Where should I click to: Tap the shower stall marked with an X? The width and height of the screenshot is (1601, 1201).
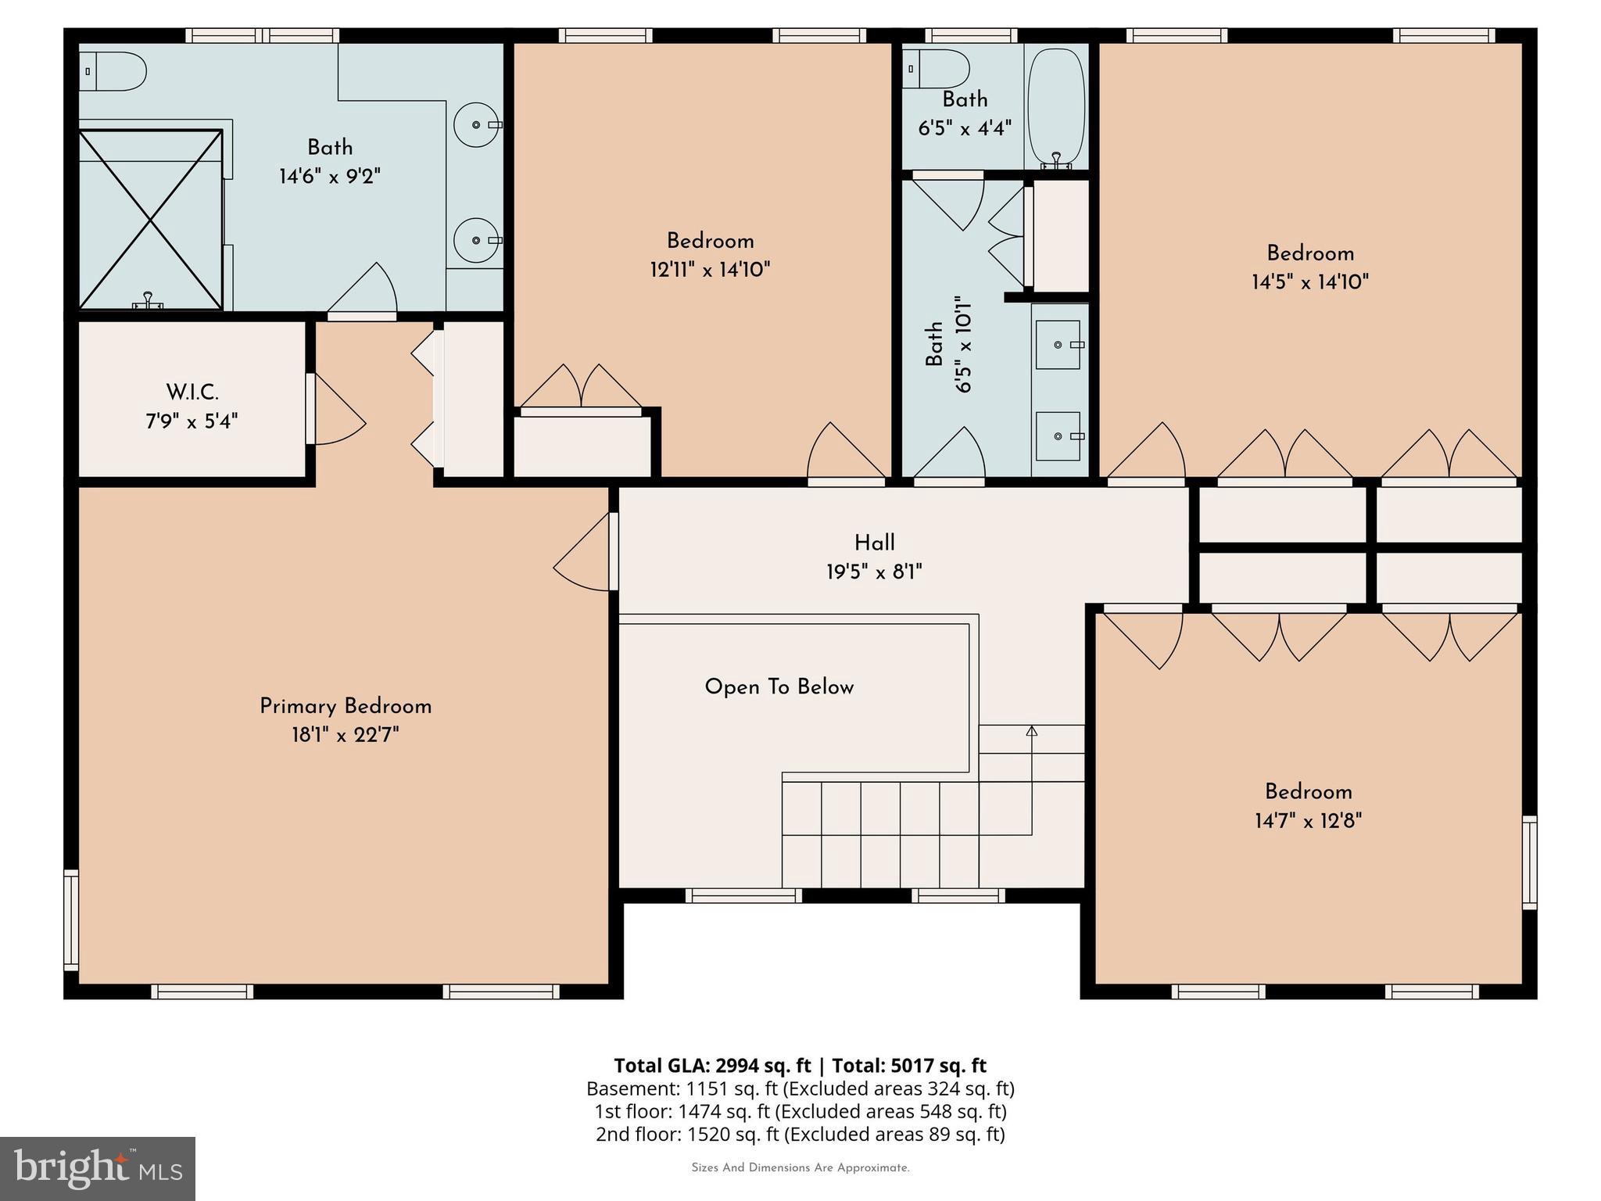click(x=150, y=220)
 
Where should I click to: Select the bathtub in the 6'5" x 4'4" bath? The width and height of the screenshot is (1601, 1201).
click(x=1055, y=107)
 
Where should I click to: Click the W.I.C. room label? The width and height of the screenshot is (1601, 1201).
click(x=192, y=392)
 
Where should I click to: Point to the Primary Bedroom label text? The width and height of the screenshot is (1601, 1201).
click(x=346, y=706)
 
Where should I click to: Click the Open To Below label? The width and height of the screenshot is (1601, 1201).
click(x=779, y=687)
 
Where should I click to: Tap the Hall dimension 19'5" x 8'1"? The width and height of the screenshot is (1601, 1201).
click(x=874, y=572)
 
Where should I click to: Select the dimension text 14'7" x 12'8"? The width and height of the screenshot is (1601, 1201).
click(x=1308, y=821)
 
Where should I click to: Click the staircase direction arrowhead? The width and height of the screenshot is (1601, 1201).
click(x=1031, y=731)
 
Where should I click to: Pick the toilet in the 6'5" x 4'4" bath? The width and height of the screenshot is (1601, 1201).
click(x=937, y=70)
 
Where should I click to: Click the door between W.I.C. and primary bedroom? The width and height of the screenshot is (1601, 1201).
click(x=336, y=410)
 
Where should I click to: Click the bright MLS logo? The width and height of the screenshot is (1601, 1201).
click(x=98, y=1169)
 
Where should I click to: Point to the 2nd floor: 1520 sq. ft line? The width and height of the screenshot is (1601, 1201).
click(x=800, y=1134)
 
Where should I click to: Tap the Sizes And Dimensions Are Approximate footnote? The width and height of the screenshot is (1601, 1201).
click(x=800, y=1168)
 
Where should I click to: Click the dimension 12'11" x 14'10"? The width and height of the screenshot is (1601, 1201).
click(x=710, y=271)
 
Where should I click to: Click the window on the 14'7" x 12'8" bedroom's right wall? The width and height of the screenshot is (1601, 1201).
click(x=1530, y=862)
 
